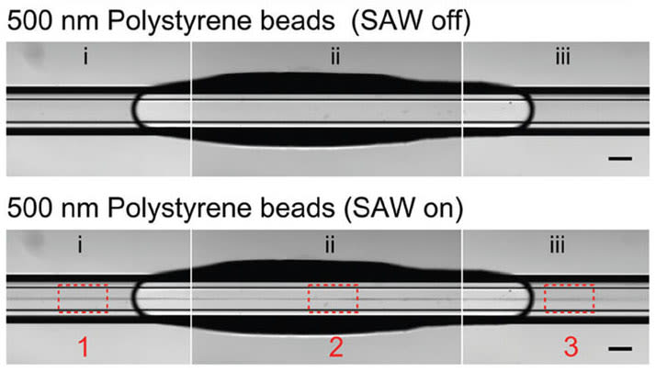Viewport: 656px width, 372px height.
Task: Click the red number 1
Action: click(x=84, y=348)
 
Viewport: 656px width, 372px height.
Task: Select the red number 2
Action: click(x=335, y=348)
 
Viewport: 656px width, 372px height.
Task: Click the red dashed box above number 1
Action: click(x=84, y=299)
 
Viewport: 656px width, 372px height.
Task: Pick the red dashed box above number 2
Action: click(x=332, y=299)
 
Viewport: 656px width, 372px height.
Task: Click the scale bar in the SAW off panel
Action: click(x=620, y=160)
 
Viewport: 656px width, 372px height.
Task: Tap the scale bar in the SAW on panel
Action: click(x=620, y=349)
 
